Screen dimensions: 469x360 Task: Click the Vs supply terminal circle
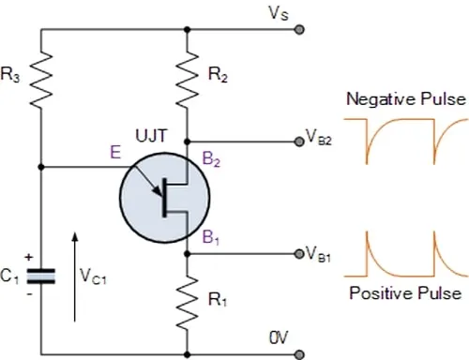[299, 30]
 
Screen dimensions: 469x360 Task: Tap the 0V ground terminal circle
[299, 355]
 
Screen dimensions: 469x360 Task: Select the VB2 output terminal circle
[299, 142]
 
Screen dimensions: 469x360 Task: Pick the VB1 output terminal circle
[299, 254]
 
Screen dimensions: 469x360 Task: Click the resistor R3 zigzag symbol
[40, 81]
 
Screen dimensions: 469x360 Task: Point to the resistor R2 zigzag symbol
[187, 81]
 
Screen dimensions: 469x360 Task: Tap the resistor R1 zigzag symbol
[187, 303]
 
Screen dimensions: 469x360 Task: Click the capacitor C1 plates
[40, 277]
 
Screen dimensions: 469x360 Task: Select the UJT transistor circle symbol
[164, 198]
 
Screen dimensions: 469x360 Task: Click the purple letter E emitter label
[115, 153]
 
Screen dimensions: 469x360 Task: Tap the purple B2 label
[211, 158]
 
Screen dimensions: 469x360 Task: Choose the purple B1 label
[211, 237]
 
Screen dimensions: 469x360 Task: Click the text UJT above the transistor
[151, 136]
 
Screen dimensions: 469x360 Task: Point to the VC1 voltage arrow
[74, 277]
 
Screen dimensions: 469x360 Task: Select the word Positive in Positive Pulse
[381, 293]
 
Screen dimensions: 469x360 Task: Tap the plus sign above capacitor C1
[29, 257]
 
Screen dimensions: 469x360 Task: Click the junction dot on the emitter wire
[40, 167]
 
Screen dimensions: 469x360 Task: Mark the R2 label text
[218, 75]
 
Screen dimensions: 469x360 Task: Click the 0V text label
[279, 337]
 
